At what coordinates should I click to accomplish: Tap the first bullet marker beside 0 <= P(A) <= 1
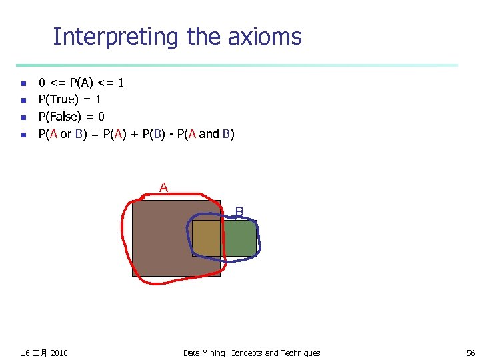click(x=23, y=84)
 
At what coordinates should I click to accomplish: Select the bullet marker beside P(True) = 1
click(x=23, y=101)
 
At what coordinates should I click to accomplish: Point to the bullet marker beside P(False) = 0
click(x=23, y=117)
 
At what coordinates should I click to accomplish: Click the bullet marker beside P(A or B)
click(x=23, y=135)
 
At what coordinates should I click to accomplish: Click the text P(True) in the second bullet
click(x=59, y=100)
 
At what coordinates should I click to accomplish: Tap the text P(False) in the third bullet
click(x=61, y=117)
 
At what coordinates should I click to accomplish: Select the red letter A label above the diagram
click(x=163, y=188)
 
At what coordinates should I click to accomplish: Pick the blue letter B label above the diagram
click(x=239, y=212)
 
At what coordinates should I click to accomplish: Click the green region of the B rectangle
click(x=239, y=238)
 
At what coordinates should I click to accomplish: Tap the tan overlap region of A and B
click(x=206, y=238)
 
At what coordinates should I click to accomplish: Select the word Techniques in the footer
click(x=300, y=353)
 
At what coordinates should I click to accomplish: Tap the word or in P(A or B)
click(x=66, y=134)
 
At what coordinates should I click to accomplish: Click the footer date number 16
click(x=25, y=353)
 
